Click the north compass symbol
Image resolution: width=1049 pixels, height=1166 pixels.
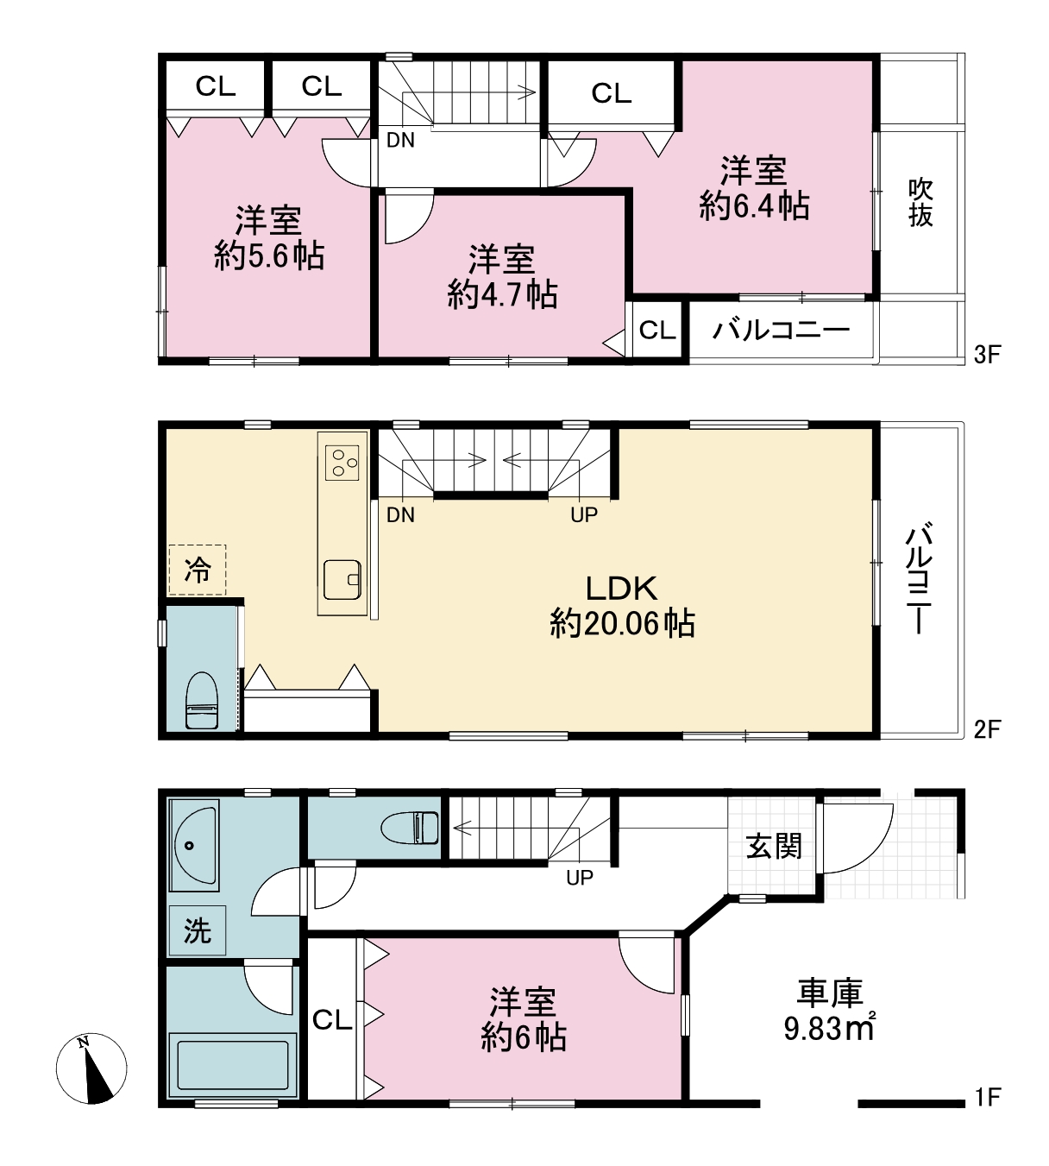click(91, 1068)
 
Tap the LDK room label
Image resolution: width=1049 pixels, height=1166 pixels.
click(622, 589)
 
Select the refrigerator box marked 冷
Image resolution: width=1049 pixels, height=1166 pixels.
click(197, 570)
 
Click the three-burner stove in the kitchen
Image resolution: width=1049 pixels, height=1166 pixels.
click(342, 463)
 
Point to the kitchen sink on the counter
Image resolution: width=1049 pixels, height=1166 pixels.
click(342, 579)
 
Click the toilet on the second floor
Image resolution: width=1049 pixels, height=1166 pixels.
click(201, 701)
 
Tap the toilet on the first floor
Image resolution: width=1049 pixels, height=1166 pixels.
click(409, 828)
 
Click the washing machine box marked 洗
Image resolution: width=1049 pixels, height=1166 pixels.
click(197, 930)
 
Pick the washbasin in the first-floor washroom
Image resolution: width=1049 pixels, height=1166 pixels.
click(195, 846)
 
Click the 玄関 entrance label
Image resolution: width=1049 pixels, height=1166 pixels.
click(774, 846)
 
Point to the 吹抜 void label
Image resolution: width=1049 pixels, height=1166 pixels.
click(920, 203)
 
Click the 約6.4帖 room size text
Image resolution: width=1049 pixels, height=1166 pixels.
click(754, 205)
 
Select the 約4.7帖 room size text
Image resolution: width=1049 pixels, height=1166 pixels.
click(502, 294)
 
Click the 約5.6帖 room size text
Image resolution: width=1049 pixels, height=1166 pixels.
click(269, 255)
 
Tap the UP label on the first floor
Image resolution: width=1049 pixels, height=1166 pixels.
click(580, 878)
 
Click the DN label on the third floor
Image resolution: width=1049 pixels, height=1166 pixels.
click(400, 140)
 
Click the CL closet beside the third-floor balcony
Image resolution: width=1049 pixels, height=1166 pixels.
click(657, 331)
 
